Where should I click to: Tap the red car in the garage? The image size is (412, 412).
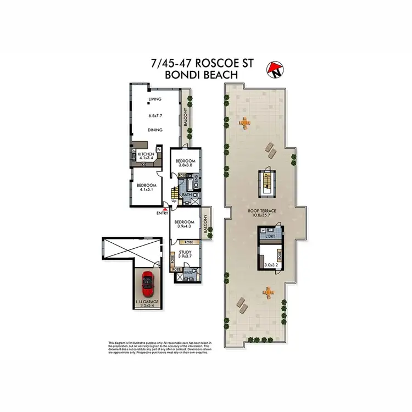point(147,284)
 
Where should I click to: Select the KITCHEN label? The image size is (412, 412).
point(145,154)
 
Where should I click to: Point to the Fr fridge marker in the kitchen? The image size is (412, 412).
point(159,149)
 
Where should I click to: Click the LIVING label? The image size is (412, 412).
point(154,99)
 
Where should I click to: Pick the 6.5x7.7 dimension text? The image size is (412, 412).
point(157,116)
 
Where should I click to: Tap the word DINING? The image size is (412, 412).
point(156,130)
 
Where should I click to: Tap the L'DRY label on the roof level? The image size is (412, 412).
point(270,236)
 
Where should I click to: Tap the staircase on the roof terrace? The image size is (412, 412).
point(267,181)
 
